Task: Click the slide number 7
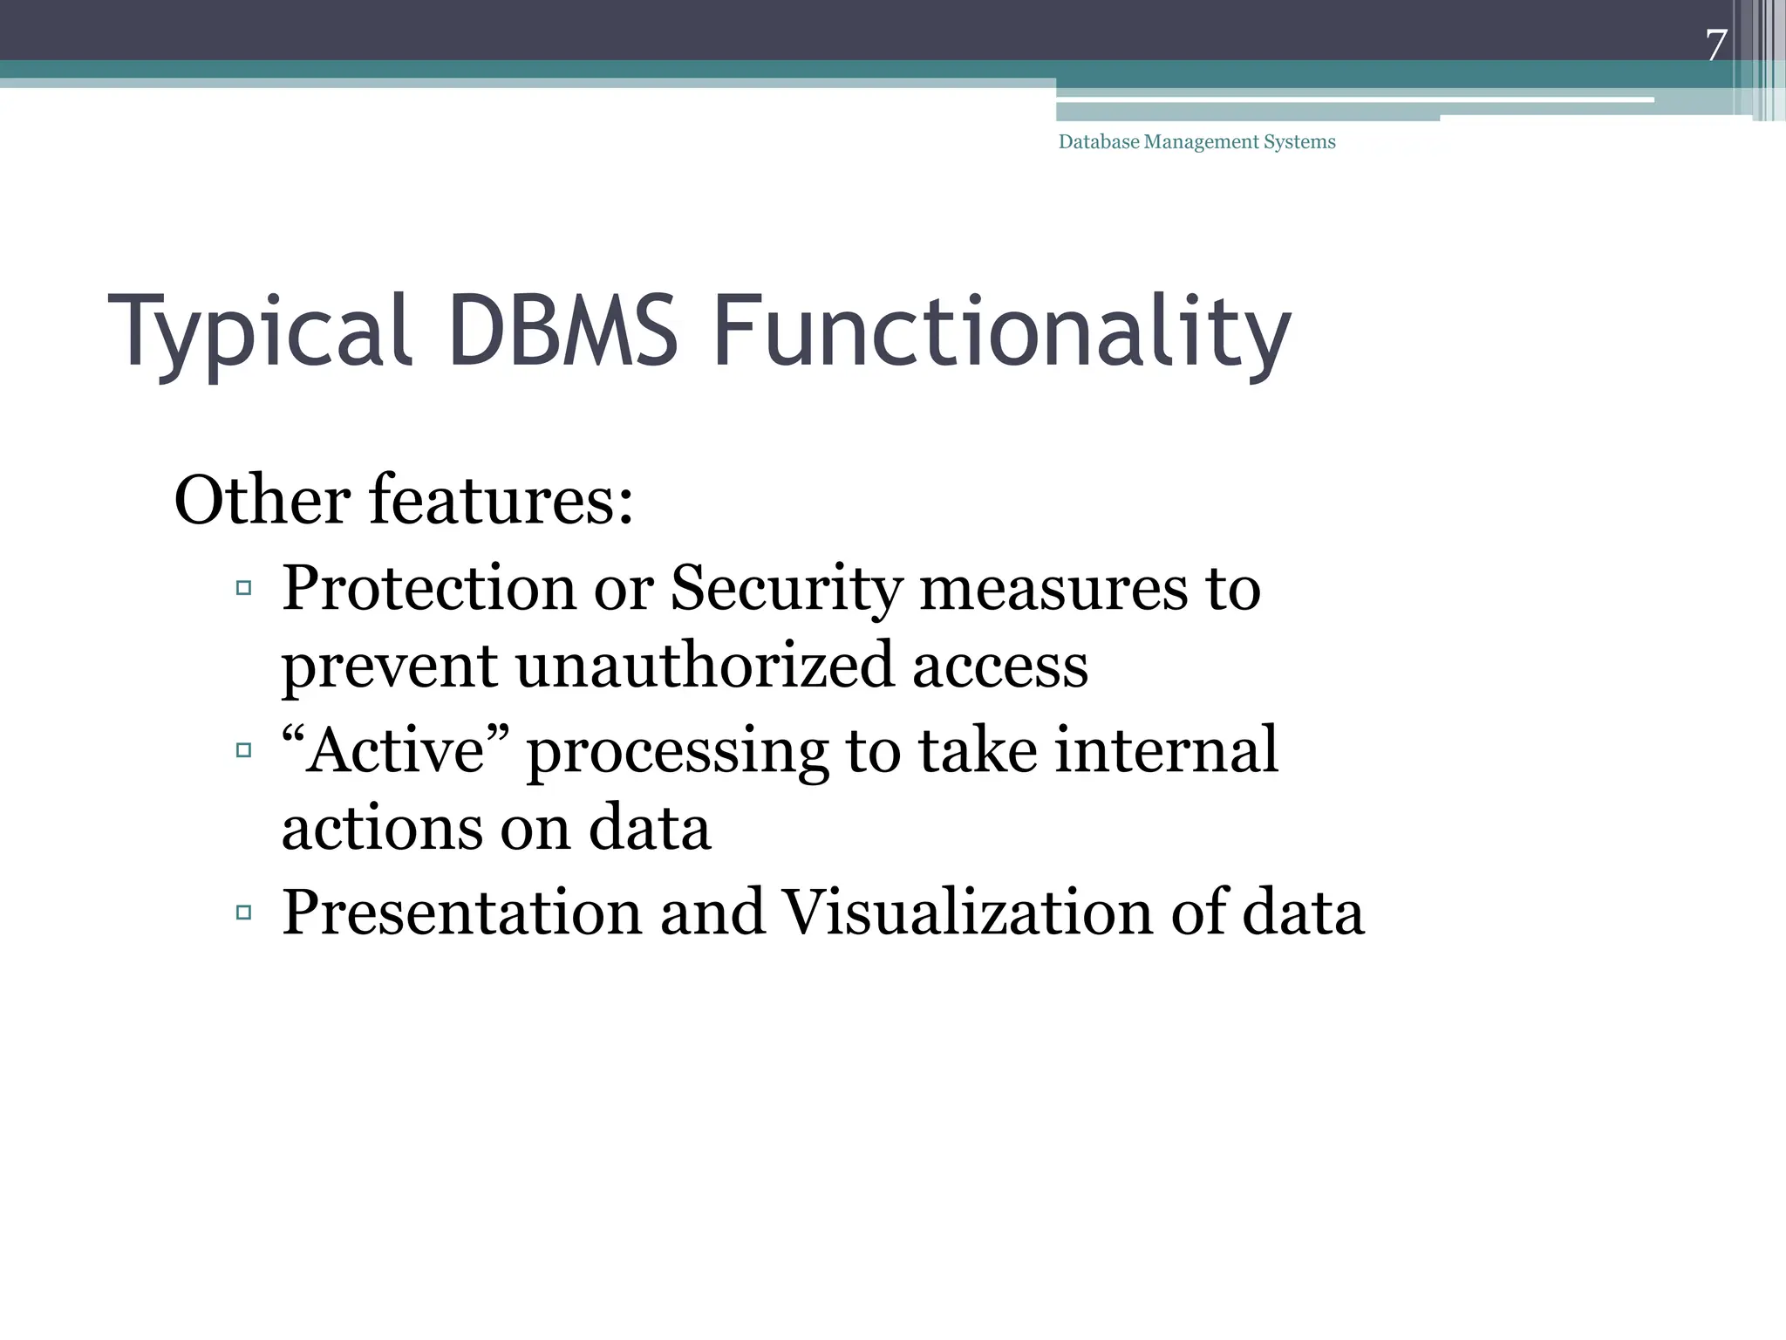[1715, 44]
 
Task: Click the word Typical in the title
[260, 332]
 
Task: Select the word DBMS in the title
[562, 331]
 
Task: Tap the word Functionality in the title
[1001, 332]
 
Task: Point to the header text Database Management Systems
[1196, 142]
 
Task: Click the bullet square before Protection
[243, 588]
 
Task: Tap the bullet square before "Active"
[243, 749]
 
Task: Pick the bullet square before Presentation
[243, 913]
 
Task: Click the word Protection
[428, 588]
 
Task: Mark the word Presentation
[462, 913]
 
